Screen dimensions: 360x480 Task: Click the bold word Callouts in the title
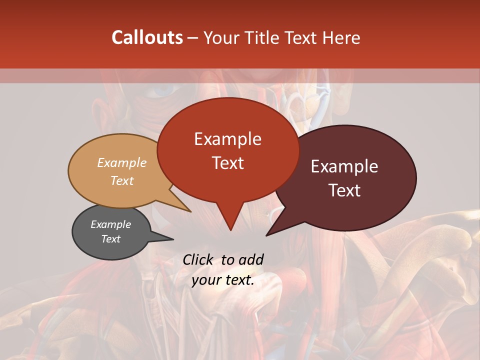click(147, 37)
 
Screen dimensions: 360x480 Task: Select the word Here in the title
click(341, 37)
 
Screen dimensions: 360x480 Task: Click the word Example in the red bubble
click(227, 139)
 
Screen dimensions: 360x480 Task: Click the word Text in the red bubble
click(227, 163)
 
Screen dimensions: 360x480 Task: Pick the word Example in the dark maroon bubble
click(344, 166)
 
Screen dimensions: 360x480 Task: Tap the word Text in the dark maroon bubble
click(344, 190)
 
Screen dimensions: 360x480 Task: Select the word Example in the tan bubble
click(122, 162)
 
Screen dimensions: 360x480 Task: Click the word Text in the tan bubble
click(122, 180)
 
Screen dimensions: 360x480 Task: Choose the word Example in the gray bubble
click(110, 224)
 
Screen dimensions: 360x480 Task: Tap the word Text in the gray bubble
click(110, 239)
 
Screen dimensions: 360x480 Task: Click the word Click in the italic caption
click(198, 259)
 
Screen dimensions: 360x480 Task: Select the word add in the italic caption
click(251, 259)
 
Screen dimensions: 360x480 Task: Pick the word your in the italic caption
click(204, 280)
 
